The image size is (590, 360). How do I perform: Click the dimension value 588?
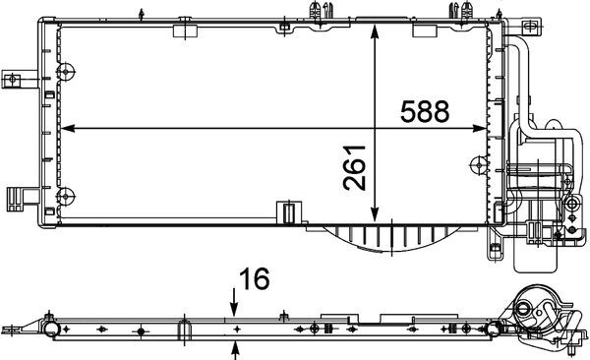coord(424,111)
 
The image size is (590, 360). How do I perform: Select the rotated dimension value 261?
coord(355,167)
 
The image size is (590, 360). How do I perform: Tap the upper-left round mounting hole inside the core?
coord(67,71)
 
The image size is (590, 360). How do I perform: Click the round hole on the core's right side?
coord(479,161)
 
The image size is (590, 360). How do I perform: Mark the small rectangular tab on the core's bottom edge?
coord(289,210)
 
